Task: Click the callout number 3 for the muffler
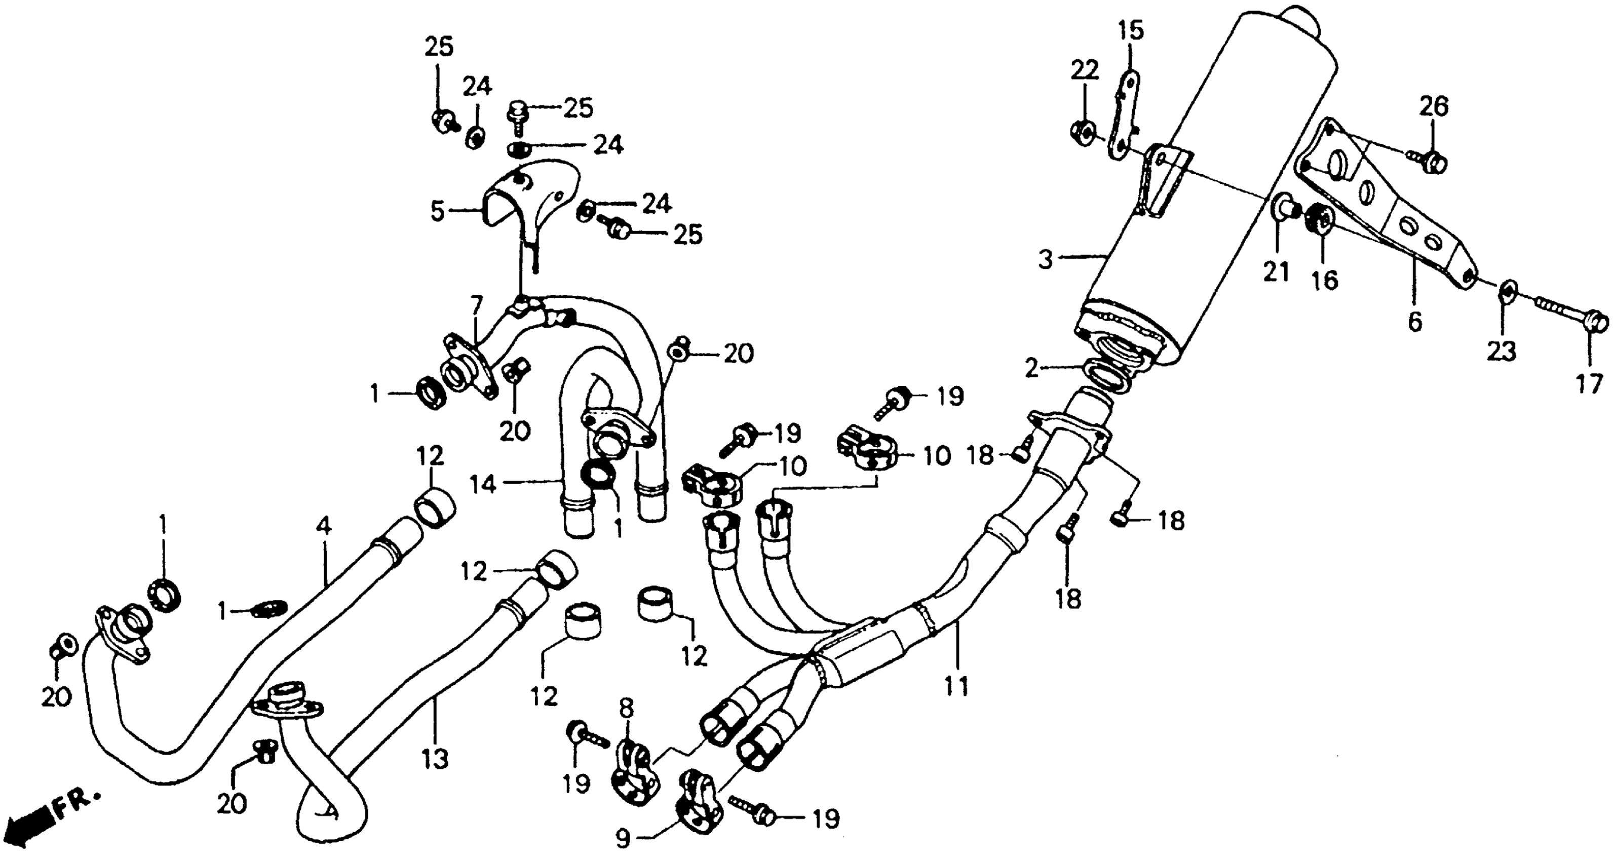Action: [1045, 259]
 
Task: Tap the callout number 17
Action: [1589, 383]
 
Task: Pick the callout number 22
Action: [1085, 70]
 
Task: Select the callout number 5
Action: [437, 211]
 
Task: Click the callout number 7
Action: [477, 306]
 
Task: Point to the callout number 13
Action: [435, 760]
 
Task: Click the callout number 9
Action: [623, 838]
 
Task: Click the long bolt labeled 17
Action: [1561, 315]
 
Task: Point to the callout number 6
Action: [1415, 322]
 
